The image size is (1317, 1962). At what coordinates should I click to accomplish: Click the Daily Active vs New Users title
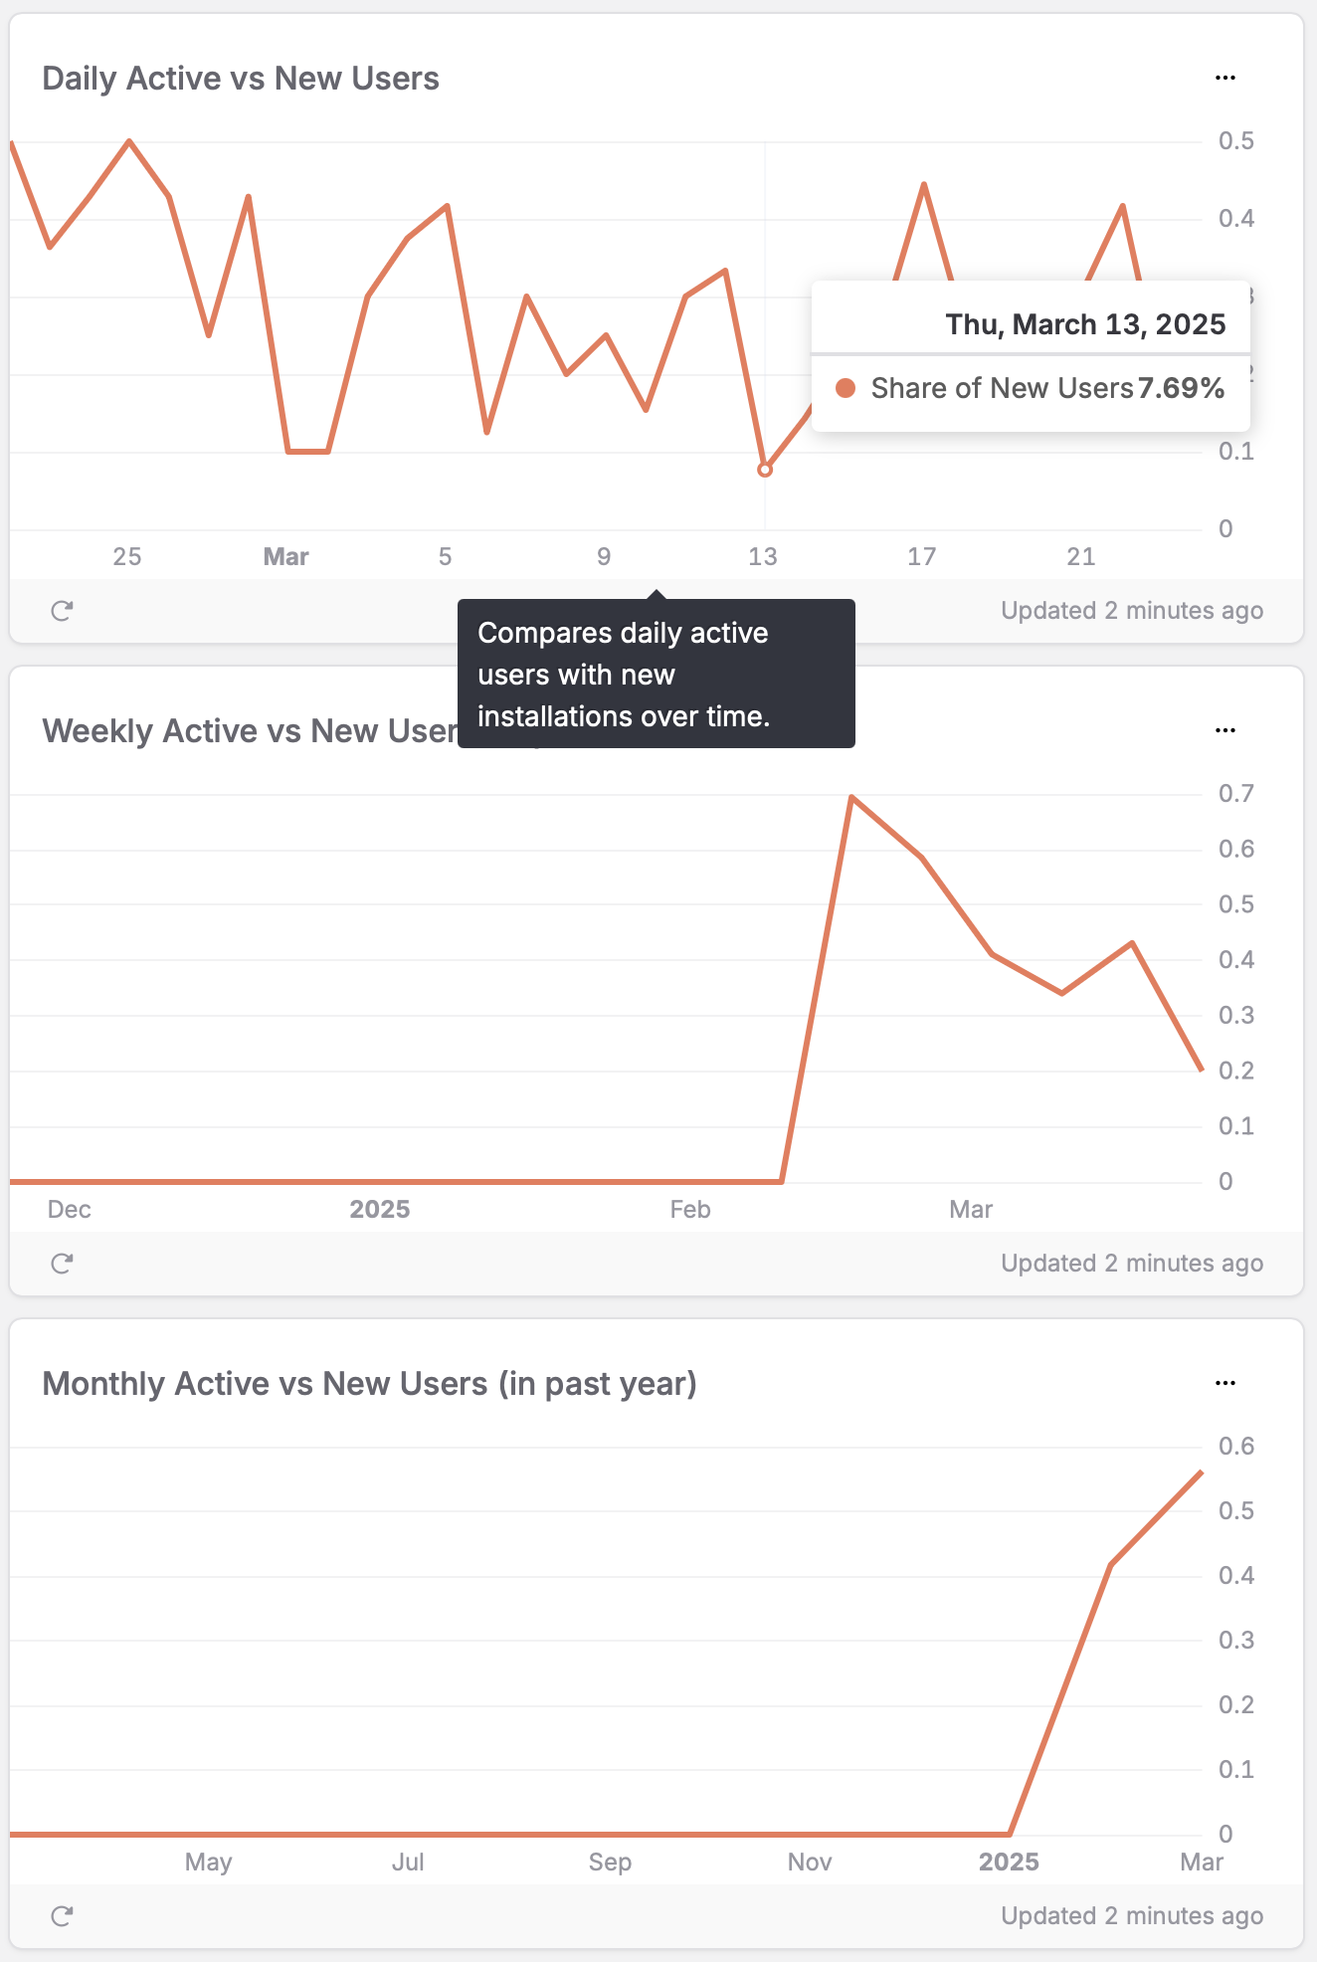point(241,79)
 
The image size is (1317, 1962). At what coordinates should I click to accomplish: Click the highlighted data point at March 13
point(765,470)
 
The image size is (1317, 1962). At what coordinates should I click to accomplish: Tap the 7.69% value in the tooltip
point(1181,388)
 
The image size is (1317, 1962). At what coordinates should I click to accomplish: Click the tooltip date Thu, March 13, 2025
point(1085,324)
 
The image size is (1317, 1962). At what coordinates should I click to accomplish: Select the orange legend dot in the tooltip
point(846,388)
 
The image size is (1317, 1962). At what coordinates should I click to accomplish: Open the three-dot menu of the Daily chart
point(1225,78)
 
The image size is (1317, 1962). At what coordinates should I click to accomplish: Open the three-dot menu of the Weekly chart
point(1225,730)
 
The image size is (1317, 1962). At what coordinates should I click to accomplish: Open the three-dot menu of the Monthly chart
point(1225,1383)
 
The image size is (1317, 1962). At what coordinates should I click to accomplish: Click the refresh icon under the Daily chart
point(62,611)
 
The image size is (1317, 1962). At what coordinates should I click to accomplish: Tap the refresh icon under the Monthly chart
point(62,1916)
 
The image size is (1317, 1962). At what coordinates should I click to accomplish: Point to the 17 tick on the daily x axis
point(921,557)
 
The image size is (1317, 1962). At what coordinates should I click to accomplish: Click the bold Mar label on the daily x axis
point(285,557)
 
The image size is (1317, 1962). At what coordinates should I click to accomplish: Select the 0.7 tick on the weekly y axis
point(1235,794)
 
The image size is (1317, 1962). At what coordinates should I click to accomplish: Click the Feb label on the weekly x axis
point(690,1210)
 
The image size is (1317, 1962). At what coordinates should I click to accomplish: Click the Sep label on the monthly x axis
point(610,1863)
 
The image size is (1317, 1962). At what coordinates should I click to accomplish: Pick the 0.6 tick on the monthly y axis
point(1235,1447)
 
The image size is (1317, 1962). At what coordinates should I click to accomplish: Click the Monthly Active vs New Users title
point(369,1384)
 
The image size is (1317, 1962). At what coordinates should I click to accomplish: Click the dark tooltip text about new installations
point(624,675)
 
